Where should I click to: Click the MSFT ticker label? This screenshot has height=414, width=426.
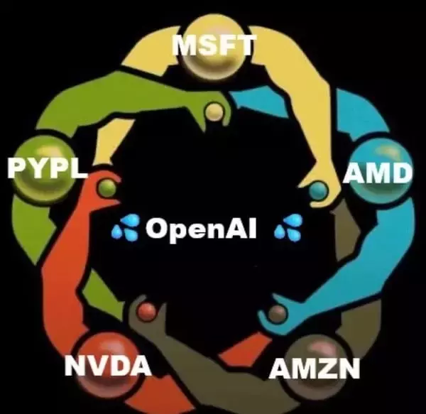point(214,45)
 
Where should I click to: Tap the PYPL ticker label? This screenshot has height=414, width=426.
point(47,168)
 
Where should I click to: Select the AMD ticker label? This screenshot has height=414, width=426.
point(377,173)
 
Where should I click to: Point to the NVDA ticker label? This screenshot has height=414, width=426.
point(108,365)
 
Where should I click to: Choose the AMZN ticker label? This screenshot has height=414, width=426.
point(315,368)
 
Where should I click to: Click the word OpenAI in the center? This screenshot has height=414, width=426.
point(201,229)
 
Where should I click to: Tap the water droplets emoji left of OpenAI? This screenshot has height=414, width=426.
point(126,227)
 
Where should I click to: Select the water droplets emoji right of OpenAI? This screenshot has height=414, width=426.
point(288,227)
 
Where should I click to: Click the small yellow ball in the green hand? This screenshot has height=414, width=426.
point(214,111)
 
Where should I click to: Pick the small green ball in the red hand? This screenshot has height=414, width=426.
point(106,187)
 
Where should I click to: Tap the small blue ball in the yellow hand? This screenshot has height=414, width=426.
point(317,191)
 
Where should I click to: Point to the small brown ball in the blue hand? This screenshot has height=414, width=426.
point(277,313)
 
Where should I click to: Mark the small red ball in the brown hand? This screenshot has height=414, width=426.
point(147,311)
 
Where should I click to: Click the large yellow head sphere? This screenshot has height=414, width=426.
point(214,48)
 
